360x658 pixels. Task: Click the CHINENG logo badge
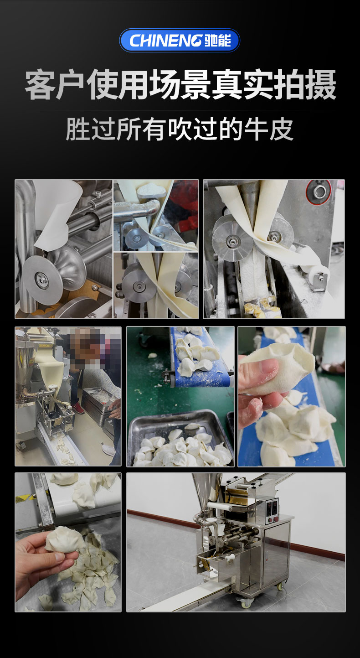point(180,40)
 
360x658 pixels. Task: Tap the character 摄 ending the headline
point(320,85)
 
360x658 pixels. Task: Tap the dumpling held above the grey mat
point(65,540)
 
